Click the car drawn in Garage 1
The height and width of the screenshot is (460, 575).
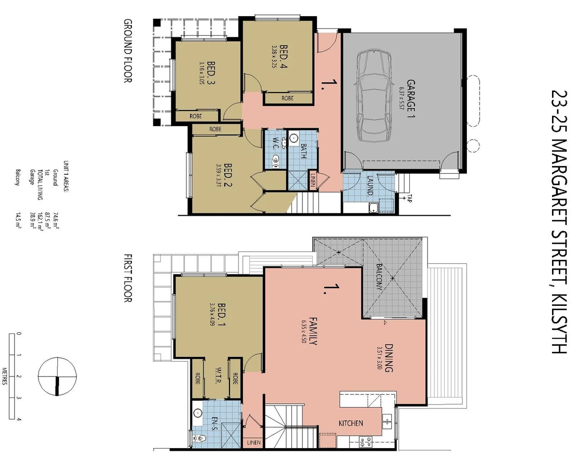coord(374,96)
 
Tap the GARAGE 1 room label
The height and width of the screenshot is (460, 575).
coord(410,98)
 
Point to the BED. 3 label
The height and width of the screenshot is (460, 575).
coord(211,73)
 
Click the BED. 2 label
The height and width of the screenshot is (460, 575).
coord(228,175)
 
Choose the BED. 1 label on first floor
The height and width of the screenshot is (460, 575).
coord(221,314)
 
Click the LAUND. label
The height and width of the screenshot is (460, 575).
coord(370,186)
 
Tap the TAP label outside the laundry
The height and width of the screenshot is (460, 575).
coord(409,198)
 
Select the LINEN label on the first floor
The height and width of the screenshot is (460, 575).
coord(254,443)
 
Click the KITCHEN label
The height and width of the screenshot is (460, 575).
coord(351,423)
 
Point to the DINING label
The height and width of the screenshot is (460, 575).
coord(388,358)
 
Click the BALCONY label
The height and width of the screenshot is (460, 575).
coord(379,277)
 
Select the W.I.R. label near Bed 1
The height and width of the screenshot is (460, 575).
coord(217,375)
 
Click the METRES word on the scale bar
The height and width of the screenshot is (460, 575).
coord(5,376)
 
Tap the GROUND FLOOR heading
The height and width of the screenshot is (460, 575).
coord(127,51)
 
